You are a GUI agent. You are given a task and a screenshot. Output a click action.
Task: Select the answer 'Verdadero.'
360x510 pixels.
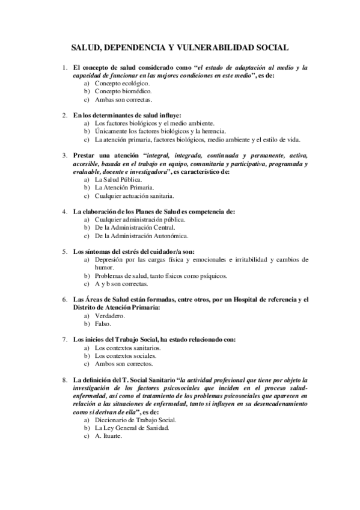pos(110,315)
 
